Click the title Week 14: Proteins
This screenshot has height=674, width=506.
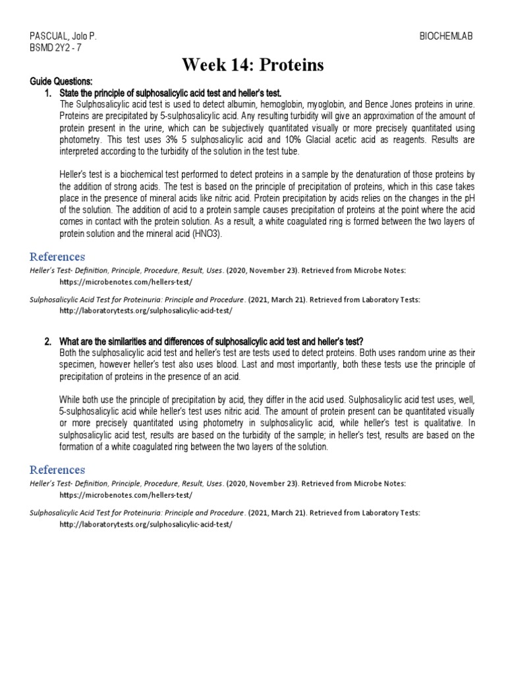pyautogui.click(x=253, y=65)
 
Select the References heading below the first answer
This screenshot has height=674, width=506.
pyautogui.click(x=57, y=256)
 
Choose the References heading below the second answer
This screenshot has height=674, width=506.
pyautogui.click(x=57, y=469)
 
